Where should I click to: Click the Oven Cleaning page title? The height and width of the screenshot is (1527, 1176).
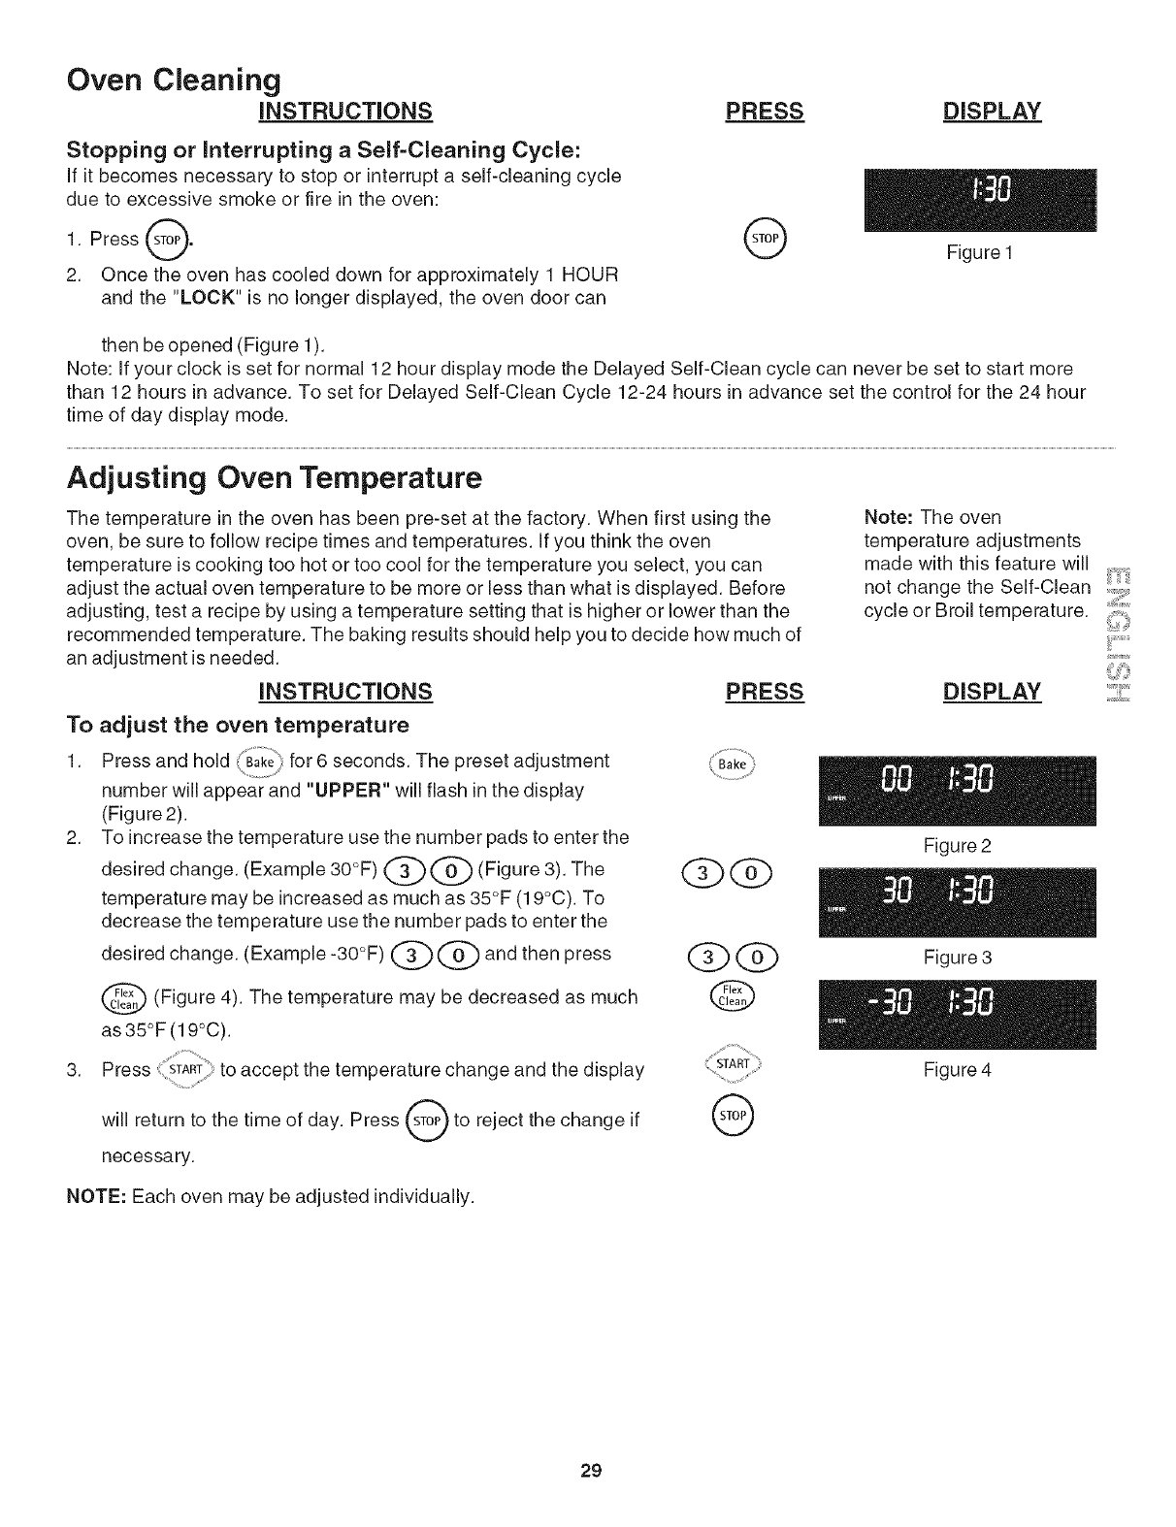point(174,78)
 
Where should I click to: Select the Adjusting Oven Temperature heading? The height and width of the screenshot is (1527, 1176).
point(274,478)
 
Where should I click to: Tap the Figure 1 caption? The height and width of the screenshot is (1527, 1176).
point(979,253)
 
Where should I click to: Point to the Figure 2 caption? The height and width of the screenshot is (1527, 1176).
point(957,846)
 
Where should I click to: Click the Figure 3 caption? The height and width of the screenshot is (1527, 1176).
point(957,958)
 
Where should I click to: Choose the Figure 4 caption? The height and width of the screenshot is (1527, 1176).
point(957,1071)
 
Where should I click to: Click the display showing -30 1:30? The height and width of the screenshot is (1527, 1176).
point(957,1016)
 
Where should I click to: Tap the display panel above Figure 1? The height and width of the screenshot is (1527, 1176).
point(979,200)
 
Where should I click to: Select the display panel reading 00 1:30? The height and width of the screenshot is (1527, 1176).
point(957,790)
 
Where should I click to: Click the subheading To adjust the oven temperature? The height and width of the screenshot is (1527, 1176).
point(237,726)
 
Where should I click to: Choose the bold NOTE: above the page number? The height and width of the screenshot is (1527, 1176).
point(94,1195)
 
